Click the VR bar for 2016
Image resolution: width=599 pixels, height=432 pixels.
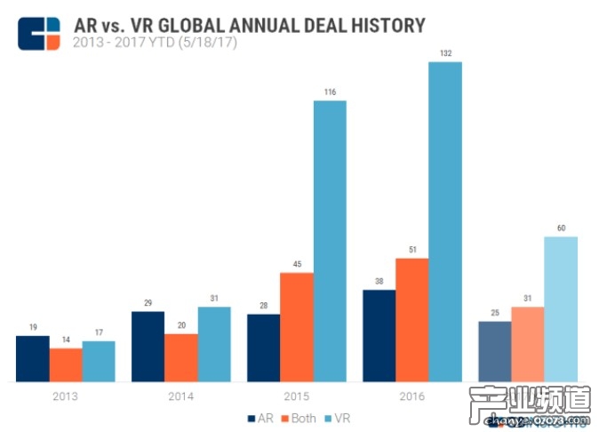[x=445, y=222]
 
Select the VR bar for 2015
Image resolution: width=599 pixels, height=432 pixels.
[x=330, y=241]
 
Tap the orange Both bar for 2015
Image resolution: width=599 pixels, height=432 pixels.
[x=297, y=327]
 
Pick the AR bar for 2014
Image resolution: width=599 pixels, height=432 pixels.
[x=148, y=347]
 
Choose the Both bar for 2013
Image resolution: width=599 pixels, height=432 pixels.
[x=66, y=364]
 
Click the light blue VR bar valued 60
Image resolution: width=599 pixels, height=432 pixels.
[x=561, y=309]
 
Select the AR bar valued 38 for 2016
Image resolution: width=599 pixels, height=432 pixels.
[x=379, y=336]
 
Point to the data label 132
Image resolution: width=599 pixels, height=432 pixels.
[x=445, y=53]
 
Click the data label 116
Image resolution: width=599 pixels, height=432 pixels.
[x=330, y=92]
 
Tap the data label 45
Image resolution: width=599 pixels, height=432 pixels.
[x=297, y=264]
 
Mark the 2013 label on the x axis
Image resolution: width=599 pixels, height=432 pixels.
[x=66, y=396]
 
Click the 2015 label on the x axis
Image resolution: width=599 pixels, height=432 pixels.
[x=296, y=396]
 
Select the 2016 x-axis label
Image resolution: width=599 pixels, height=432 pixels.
[x=412, y=396]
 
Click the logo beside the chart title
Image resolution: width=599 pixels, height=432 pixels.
[x=39, y=33]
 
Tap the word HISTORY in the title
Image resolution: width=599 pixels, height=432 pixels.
[x=378, y=26]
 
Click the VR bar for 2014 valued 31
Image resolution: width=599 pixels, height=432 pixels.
[x=214, y=344]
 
